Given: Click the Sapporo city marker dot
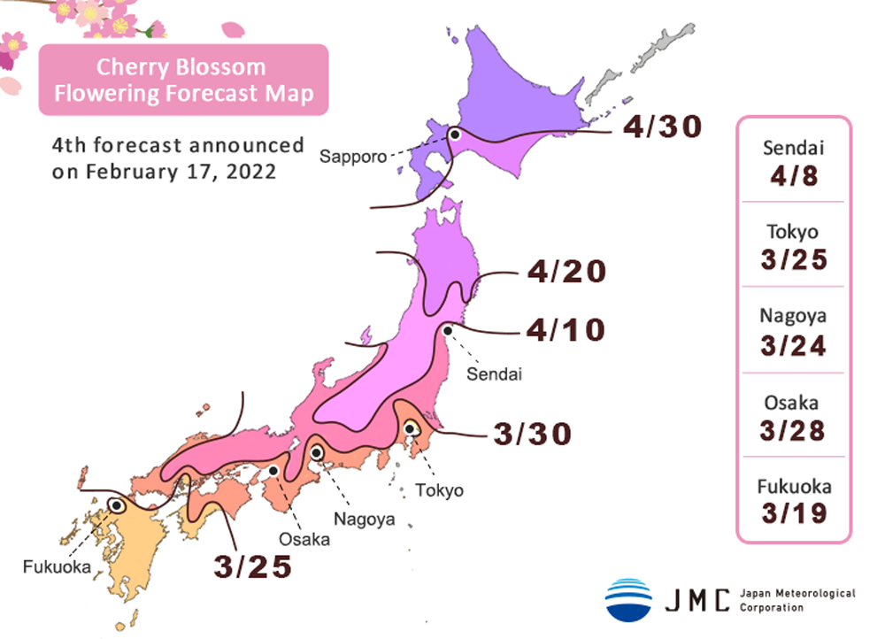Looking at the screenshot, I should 455,135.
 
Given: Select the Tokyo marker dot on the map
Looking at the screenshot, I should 411,429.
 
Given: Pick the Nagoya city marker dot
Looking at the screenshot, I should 316,453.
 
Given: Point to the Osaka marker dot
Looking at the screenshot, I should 274,471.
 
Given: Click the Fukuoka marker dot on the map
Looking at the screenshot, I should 116,505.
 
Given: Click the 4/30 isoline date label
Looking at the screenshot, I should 661,127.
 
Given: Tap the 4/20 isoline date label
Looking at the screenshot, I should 566,272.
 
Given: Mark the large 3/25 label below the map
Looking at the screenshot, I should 253,566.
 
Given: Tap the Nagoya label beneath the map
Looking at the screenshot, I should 364,519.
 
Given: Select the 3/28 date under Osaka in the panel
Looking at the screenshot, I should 793,430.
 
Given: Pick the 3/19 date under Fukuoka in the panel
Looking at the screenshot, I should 793,513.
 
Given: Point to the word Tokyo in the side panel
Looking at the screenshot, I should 793,232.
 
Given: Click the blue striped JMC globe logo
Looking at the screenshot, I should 628,599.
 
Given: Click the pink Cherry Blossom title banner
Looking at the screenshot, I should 183,80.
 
